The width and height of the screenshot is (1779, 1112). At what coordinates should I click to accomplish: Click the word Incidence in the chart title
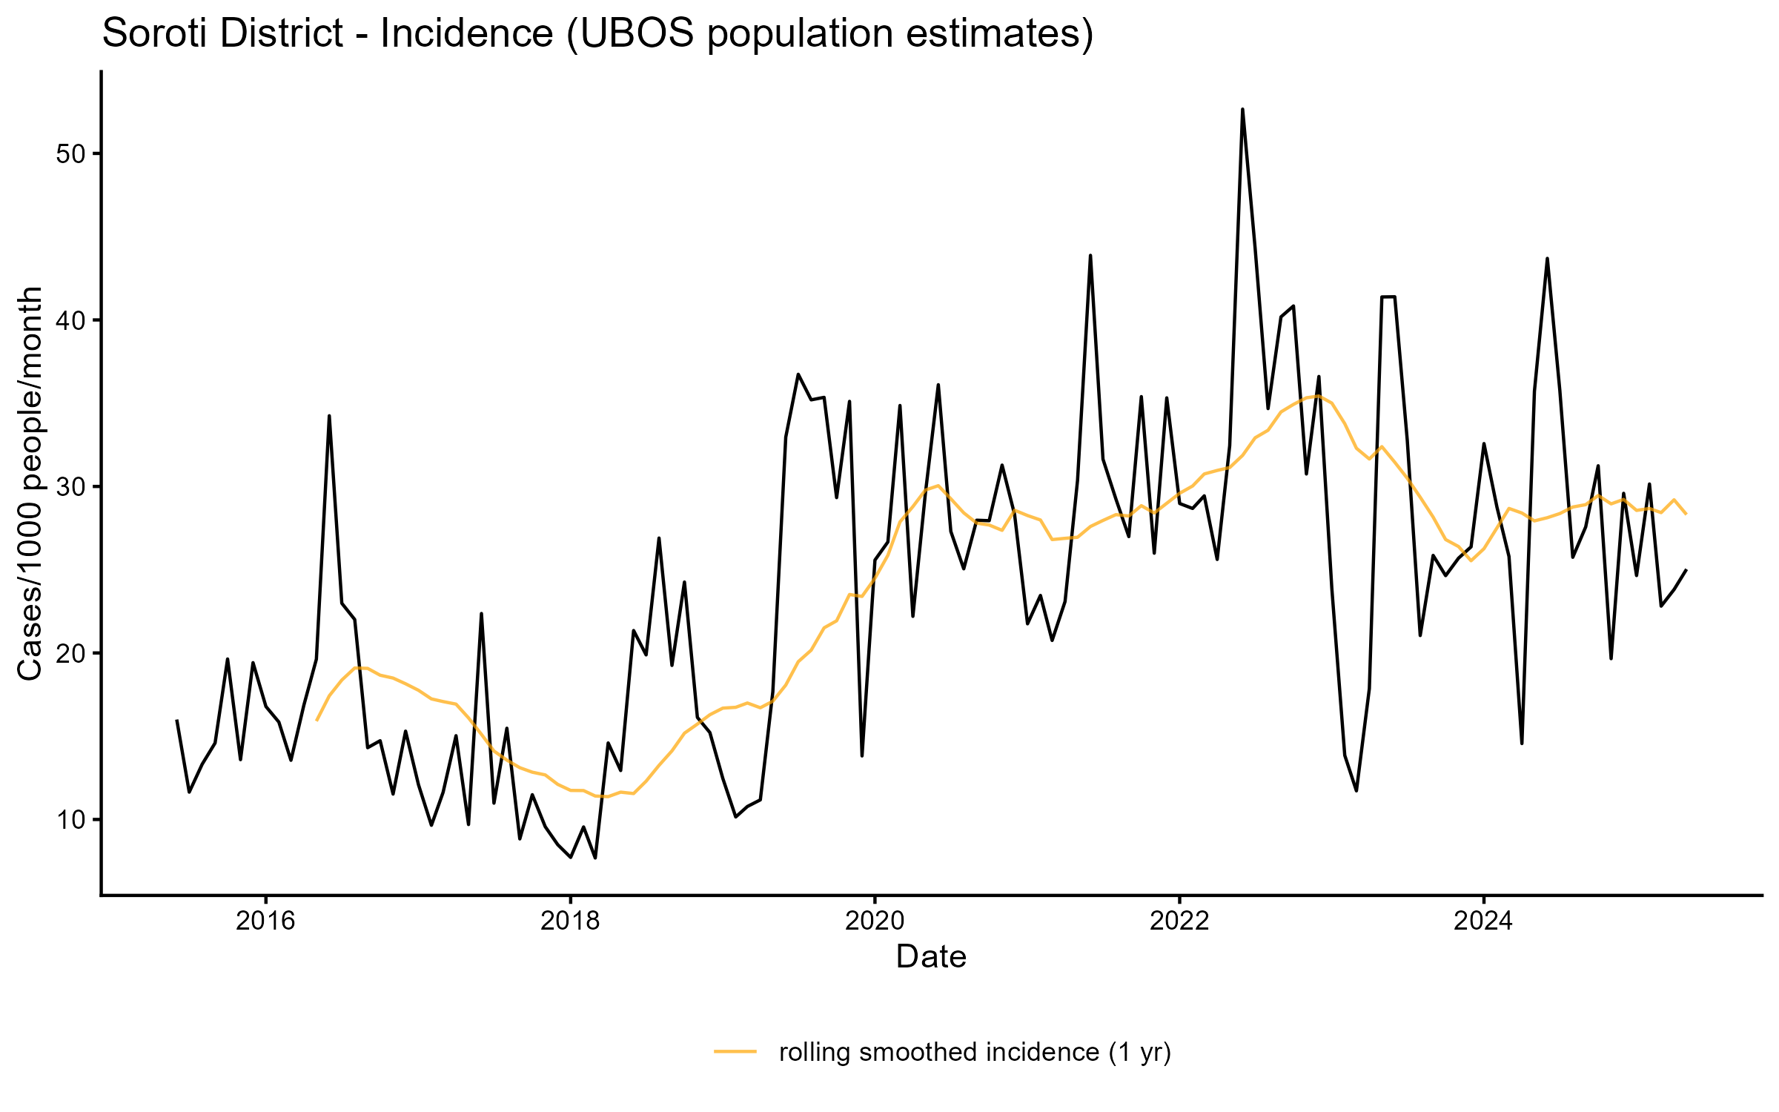(467, 34)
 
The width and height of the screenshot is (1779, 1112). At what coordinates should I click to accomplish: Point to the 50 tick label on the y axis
(71, 154)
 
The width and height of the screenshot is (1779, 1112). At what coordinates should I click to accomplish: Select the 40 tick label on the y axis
(71, 320)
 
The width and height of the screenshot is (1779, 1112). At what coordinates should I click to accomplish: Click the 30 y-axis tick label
(71, 487)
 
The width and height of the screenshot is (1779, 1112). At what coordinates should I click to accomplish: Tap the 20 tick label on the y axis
(71, 653)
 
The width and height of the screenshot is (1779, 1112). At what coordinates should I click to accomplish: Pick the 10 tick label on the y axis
(71, 820)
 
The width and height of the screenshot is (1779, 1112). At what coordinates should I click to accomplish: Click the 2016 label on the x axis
(265, 921)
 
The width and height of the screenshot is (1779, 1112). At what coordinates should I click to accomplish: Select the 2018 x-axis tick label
(570, 921)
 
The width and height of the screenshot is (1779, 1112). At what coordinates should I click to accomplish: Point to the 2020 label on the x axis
(875, 921)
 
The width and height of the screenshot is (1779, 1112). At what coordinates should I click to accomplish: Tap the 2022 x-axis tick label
(1179, 921)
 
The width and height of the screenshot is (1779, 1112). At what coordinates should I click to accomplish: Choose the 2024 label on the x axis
(1483, 921)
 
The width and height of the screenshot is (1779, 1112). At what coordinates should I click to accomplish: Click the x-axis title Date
(931, 957)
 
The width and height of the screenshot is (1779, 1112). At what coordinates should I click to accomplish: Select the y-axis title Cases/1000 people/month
(31, 483)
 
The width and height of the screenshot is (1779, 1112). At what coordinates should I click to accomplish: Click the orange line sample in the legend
(735, 1051)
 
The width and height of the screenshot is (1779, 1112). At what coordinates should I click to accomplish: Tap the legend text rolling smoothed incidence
(941, 1052)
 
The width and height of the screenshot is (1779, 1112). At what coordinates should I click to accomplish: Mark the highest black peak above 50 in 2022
(1242, 110)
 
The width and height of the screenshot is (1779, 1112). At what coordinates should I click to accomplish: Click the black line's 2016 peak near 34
(329, 416)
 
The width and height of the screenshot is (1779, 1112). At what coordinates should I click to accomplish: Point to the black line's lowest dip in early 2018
(595, 858)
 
